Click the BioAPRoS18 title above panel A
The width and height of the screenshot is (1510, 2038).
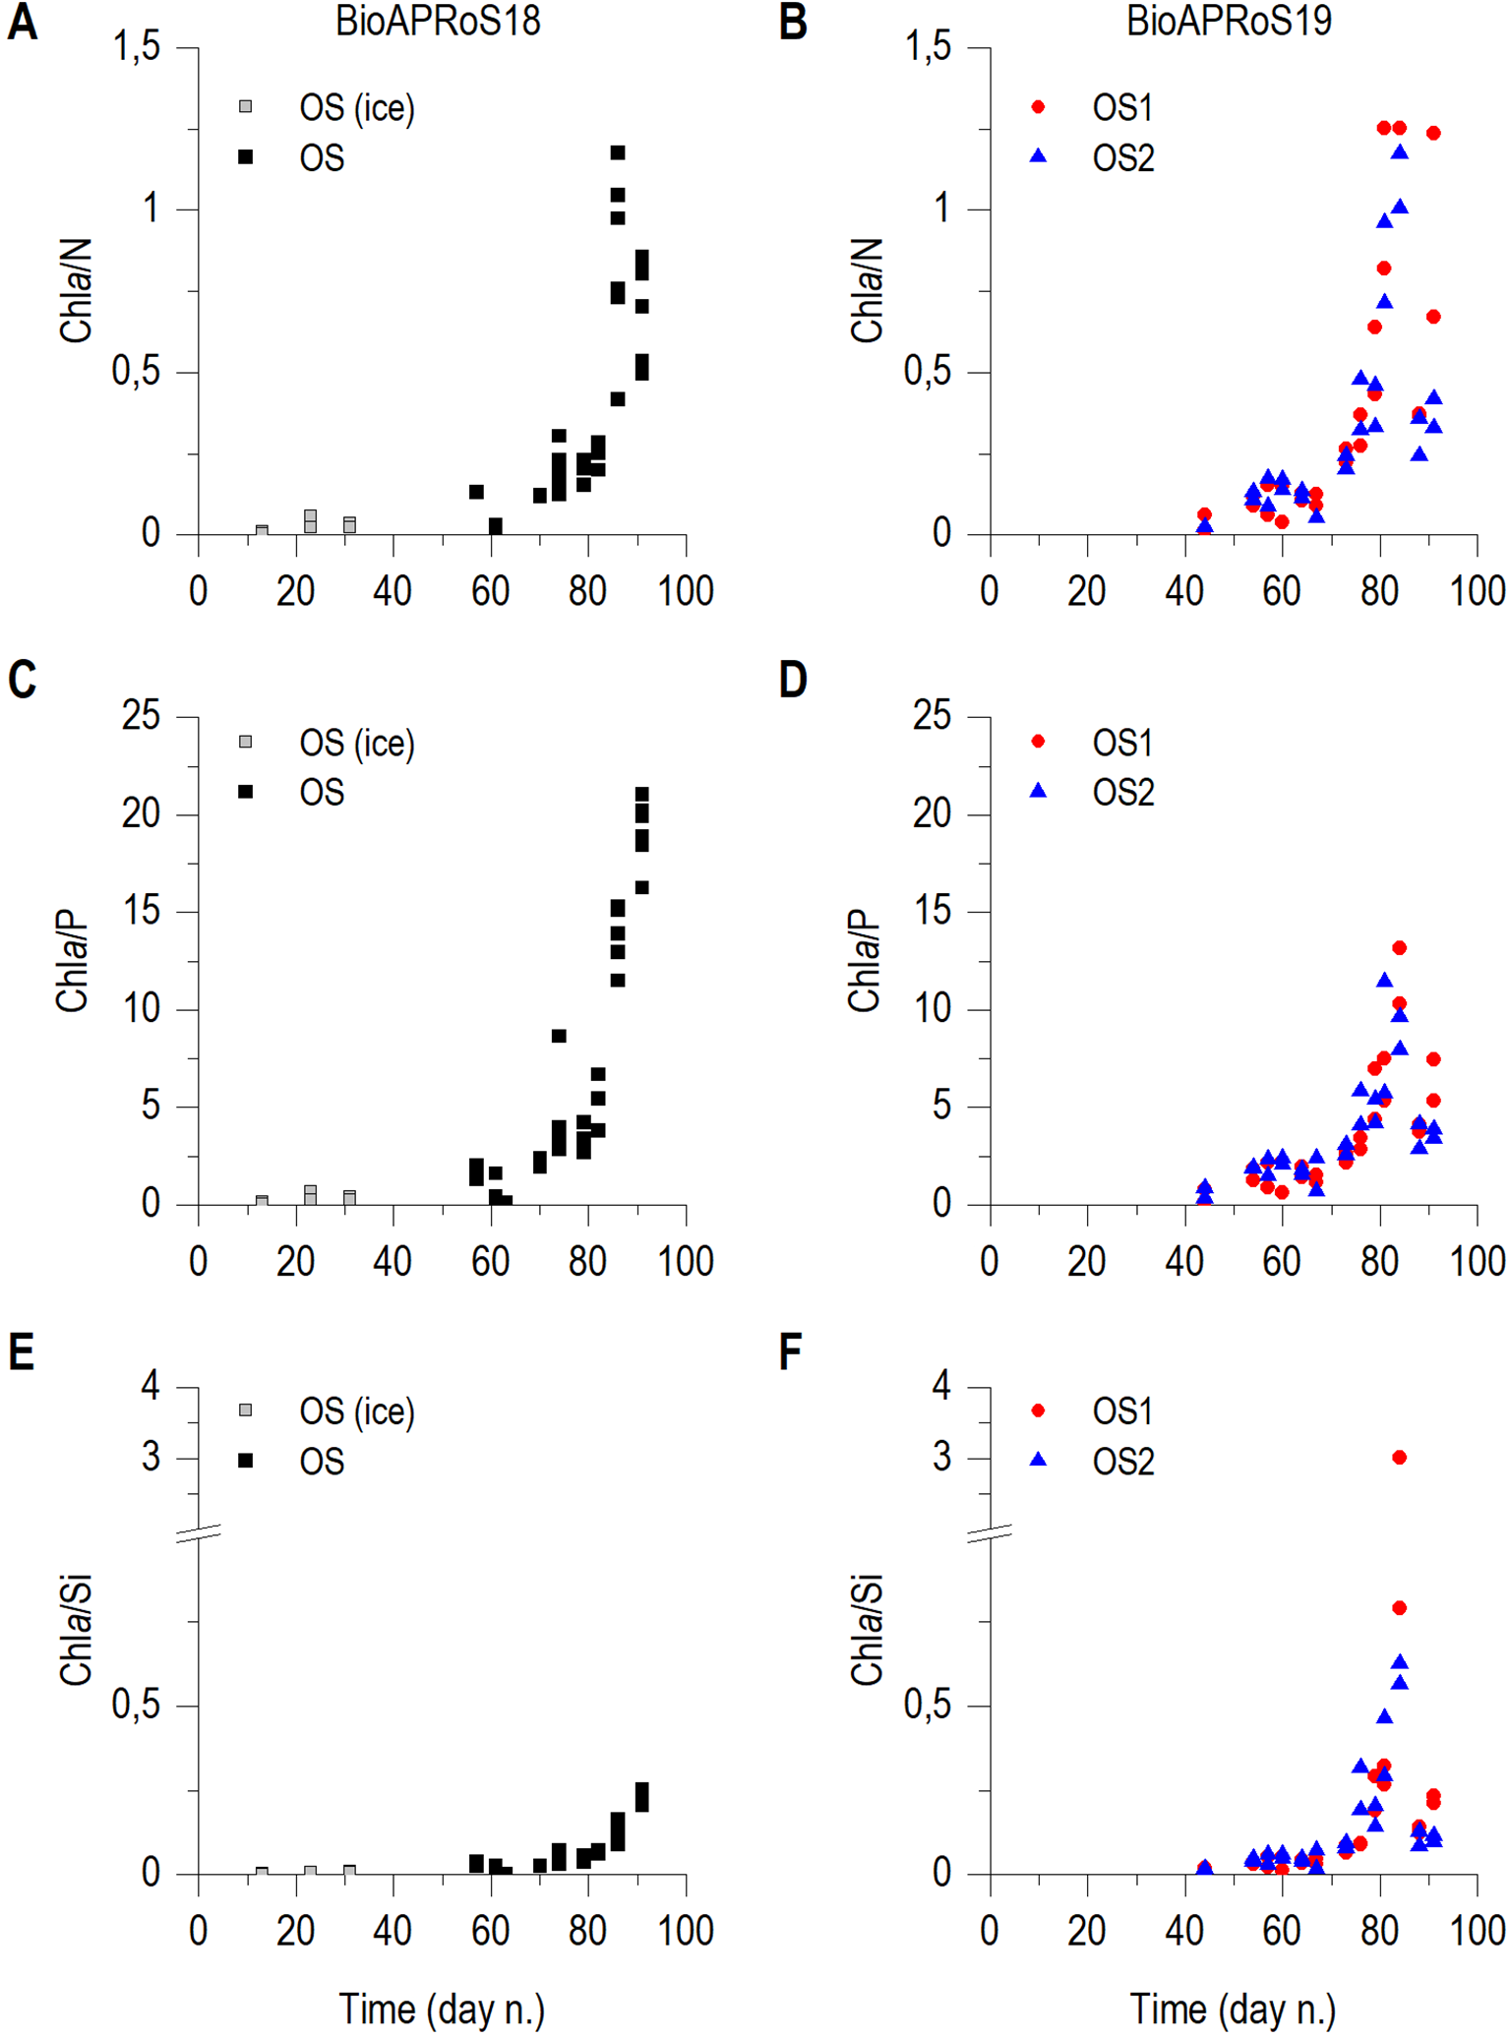(x=438, y=22)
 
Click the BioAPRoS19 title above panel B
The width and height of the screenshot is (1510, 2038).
(x=1229, y=22)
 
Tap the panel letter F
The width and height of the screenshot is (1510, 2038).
(x=791, y=1353)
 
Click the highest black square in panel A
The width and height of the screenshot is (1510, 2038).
(x=618, y=152)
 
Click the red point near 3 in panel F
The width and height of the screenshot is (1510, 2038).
(x=1399, y=1458)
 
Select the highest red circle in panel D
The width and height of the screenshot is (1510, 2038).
(x=1399, y=948)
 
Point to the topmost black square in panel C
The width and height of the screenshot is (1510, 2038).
(x=641, y=793)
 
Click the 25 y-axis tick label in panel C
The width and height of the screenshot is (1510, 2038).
(x=140, y=716)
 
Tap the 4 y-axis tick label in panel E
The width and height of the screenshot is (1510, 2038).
(x=150, y=1387)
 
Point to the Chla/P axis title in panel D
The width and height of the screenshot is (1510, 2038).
(x=864, y=961)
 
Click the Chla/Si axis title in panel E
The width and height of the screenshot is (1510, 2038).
(x=76, y=1630)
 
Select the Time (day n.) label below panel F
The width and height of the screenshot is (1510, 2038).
(x=1232, y=2009)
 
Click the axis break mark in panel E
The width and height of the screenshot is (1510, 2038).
(x=199, y=1532)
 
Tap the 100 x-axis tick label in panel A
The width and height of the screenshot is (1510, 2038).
(x=685, y=592)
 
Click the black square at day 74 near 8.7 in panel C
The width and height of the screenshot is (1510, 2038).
(x=559, y=1036)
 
